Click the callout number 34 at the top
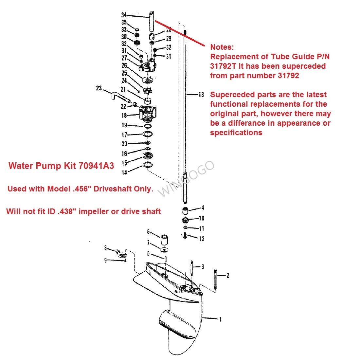[124, 15]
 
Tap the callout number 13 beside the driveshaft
[201, 95]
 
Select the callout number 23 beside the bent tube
[99, 88]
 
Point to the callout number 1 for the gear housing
[220, 319]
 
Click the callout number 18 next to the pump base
[124, 115]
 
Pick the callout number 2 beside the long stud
[228, 276]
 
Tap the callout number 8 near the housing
[105, 248]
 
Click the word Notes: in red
[222, 47]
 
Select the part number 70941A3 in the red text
[96, 166]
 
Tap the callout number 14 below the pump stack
[124, 172]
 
